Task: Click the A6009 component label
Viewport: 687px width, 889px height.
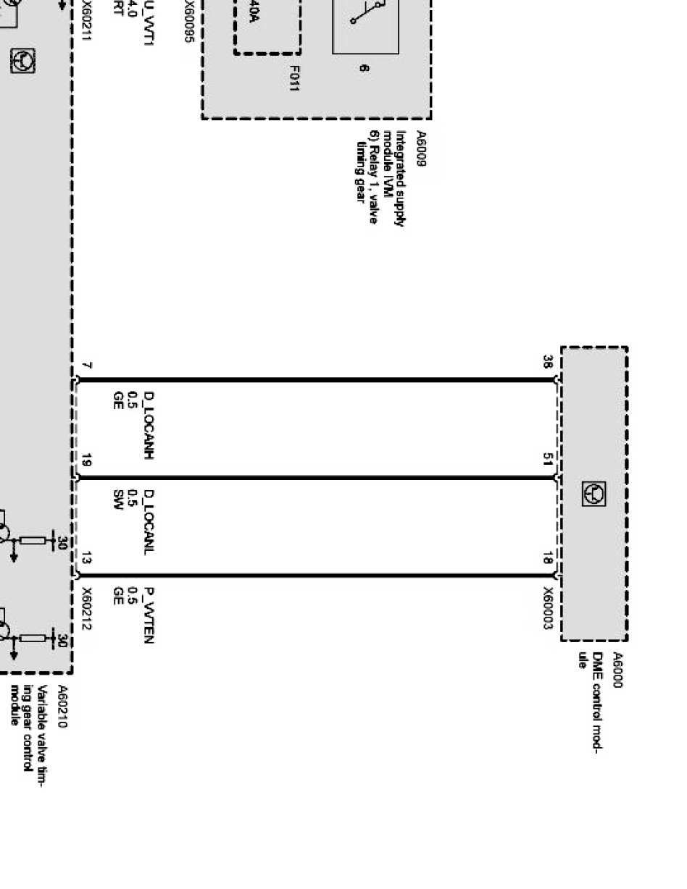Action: pyautogui.click(x=420, y=148)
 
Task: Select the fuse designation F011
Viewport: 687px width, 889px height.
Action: pyautogui.click(x=295, y=79)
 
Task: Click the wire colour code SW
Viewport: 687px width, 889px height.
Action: pyautogui.click(x=117, y=500)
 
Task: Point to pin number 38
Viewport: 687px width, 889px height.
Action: pyautogui.click(x=549, y=363)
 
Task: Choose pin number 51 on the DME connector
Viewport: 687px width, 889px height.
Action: pyautogui.click(x=549, y=460)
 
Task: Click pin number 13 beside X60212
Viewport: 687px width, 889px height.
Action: pyautogui.click(x=87, y=559)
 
